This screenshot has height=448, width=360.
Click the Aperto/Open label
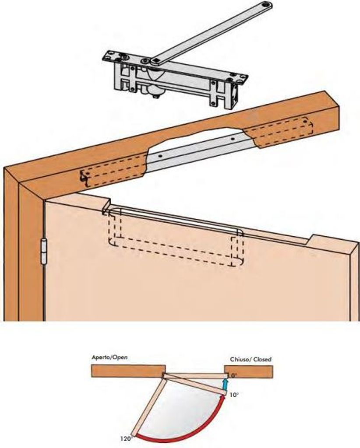pyautogui.click(x=110, y=358)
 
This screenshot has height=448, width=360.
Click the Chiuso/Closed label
pyautogui.click(x=251, y=359)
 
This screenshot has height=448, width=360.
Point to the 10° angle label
pyautogui.click(x=234, y=394)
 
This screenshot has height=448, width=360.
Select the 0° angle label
pyautogui.click(x=234, y=375)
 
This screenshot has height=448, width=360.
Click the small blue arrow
pyautogui.click(x=225, y=384)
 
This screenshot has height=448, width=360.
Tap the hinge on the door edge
pyautogui.click(x=44, y=251)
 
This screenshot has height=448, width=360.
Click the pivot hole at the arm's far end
pyautogui.click(x=264, y=6)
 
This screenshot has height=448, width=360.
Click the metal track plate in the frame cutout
pyautogui.click(x=197, y=149)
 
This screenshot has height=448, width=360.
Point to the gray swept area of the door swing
pyautogui.click(x=184, y=407)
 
